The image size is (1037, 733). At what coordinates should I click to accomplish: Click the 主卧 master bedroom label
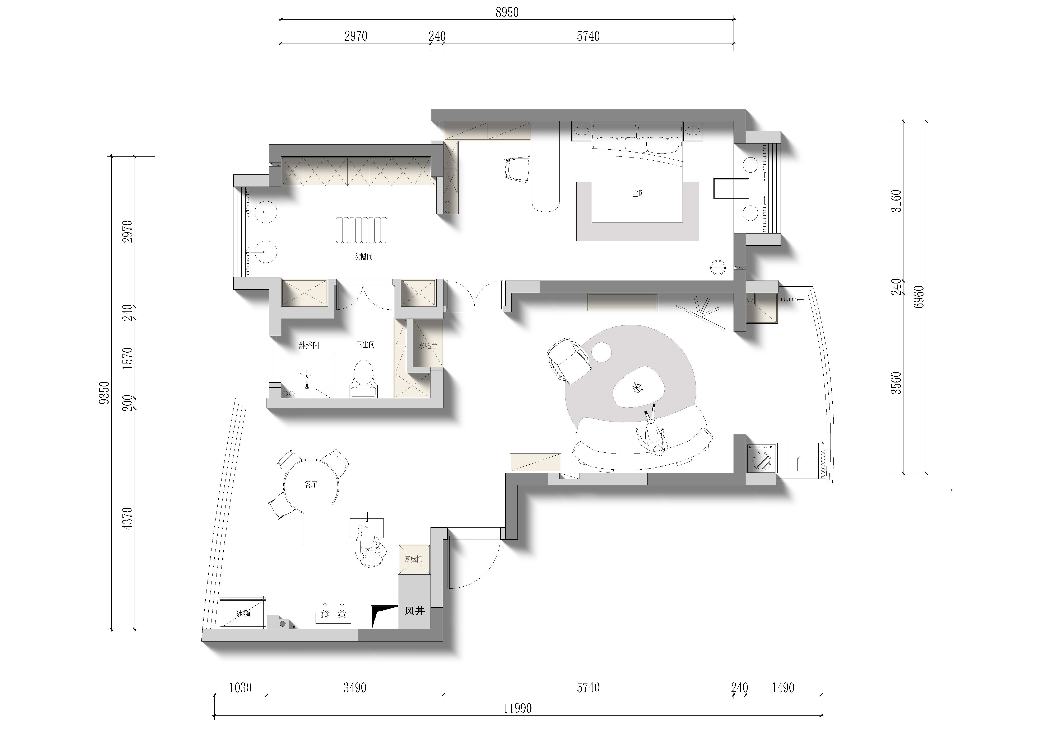tap(638, 194)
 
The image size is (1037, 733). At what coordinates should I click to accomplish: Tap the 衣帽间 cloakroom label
tap(363, 257)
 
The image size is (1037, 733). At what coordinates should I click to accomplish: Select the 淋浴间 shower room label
tap(309, 345)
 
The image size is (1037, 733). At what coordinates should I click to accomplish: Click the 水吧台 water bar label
tap(428, 346)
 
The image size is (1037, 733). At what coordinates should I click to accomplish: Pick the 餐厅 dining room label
tap(311, 484)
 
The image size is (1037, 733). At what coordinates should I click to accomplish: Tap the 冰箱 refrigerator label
tap(243, 613)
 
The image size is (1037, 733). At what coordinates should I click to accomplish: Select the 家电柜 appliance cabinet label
tap(413, 559)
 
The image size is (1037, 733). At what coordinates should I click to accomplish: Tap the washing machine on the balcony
tap(762, 458)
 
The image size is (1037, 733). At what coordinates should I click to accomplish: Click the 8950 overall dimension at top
tap(507, 13)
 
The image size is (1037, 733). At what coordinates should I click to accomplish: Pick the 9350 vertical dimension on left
tap(104, 393)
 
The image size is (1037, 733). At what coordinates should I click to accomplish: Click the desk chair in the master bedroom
tap(516, 169)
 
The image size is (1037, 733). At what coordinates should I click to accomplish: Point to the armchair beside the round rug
tap(568, 360)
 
